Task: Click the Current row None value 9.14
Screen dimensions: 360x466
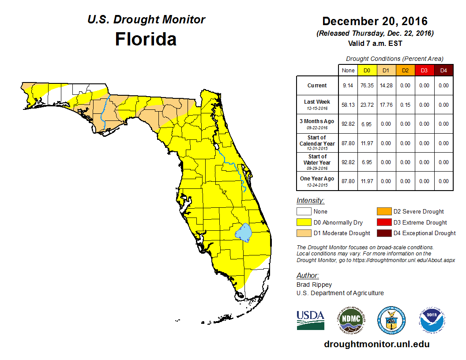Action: [x=348, y=86]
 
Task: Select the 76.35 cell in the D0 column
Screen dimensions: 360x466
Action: [x=367, y=86]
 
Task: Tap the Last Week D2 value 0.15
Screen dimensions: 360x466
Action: [x=405, y=105]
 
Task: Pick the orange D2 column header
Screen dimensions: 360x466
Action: [x=405, y=70]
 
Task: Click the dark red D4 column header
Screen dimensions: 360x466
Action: [x=443, y=70]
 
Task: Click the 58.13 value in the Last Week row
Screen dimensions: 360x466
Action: [x=348, y=105]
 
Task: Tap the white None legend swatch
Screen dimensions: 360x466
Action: [x=304, y=212]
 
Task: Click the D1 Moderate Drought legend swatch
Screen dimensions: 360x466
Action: [x=304, y=233]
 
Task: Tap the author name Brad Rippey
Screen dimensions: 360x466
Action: [x=314, y=285]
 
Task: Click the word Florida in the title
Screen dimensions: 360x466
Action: [x=146, y=39]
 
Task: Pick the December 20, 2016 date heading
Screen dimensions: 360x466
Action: [x=375, y=21]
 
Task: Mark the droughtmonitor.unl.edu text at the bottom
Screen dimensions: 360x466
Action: [x=376, y=344]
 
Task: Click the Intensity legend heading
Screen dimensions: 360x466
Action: [x=310, y=200]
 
